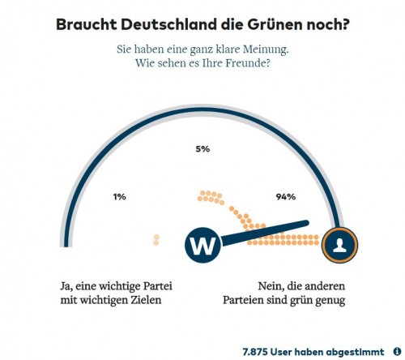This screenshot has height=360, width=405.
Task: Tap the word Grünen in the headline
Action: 272,24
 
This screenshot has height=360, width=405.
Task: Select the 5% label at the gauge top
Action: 202,148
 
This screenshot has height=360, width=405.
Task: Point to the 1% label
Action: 120,196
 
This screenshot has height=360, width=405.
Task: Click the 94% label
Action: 285,196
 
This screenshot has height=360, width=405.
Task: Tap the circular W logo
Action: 204,243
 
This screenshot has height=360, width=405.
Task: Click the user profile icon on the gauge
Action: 339,242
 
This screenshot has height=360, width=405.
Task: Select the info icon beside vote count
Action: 397,352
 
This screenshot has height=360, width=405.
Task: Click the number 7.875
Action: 259,352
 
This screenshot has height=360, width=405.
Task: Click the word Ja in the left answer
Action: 67,286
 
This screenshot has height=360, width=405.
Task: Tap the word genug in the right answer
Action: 326,301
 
